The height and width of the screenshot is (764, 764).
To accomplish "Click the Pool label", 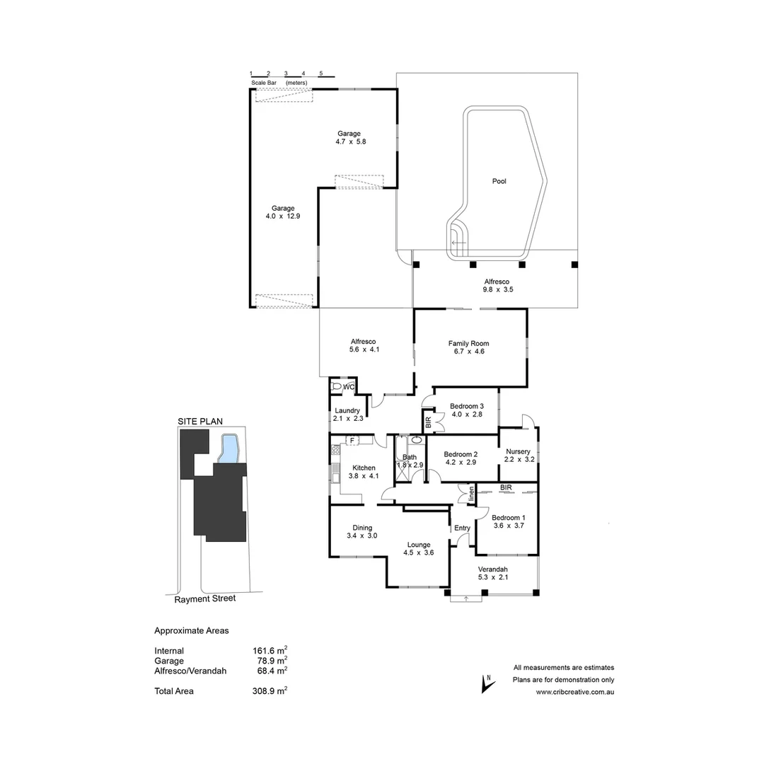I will [x=499, y=182].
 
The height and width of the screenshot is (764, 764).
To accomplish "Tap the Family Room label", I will [x=468, y=344].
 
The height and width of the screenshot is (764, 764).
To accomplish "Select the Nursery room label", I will [x=518, y=451].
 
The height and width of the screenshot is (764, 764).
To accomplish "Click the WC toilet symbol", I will [x=337, y=387].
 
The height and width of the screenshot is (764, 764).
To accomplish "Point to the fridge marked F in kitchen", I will [x=351, y=441].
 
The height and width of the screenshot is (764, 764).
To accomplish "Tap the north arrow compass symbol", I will [x=486, y=683].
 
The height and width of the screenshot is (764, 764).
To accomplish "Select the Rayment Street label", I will [x=205, y=598].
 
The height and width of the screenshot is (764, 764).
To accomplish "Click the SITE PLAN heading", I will [x=200, y=421].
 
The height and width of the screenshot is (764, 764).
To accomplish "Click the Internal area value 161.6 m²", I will [x=270, y=651].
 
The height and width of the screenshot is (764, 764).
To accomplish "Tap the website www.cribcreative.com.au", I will [x=574, y=692].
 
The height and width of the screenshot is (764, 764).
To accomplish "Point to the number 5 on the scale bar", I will [x=320, y=74].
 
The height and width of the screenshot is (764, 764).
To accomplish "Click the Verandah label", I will [x=492, y=569].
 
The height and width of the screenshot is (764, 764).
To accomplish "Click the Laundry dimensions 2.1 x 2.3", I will [x=347, y=419].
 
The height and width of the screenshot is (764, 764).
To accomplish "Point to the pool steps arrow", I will [x=458, y=243].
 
